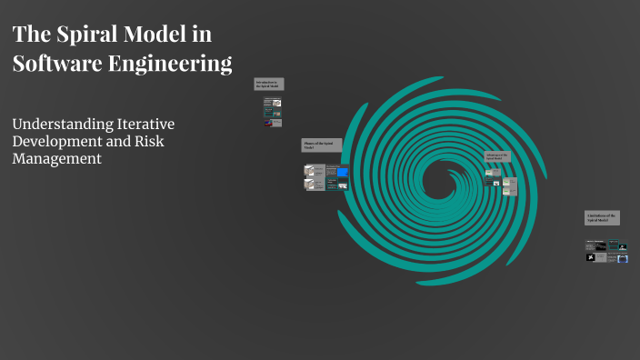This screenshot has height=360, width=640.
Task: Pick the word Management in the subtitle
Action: point(56,158)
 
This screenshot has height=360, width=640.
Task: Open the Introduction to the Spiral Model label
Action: point(269,84)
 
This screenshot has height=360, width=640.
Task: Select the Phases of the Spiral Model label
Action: point(321,145)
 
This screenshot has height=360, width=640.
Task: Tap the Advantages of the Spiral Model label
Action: point(497,156)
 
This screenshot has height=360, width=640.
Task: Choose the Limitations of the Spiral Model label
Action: point(602,217)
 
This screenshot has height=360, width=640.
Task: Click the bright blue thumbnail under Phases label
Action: point(343,170)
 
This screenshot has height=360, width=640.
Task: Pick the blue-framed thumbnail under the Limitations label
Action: point(623,258)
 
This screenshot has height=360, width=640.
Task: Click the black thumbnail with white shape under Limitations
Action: point(592,258)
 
